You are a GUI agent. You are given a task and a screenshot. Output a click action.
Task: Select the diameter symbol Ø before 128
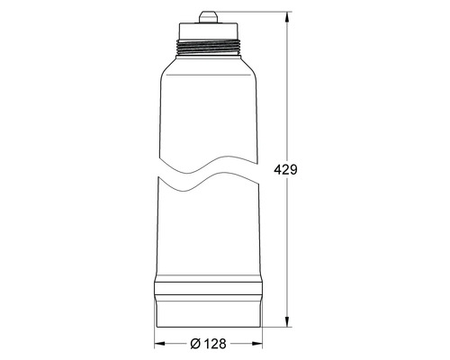[x=197, y=344]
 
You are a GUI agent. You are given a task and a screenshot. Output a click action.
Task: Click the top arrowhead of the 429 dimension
[x=289, y=12]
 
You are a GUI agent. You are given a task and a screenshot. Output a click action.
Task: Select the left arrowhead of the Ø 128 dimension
[x=159, y=344]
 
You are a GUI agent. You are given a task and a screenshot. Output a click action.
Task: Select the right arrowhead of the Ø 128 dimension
[x=262, y=344]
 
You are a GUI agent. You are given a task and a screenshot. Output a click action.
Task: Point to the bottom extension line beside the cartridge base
[x=279, y=324]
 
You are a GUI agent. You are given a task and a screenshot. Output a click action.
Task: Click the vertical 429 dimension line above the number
[x=289, y=90]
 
